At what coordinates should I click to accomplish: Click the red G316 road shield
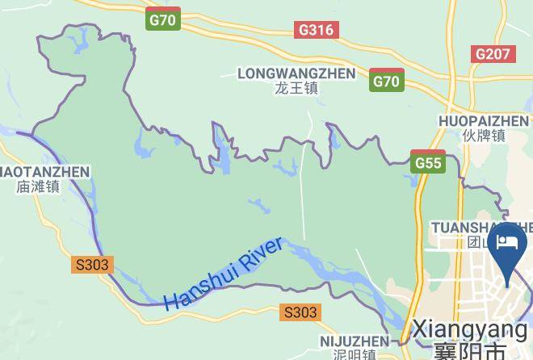click(x=316, y=30)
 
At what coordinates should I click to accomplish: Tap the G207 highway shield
click(x=493, y=54)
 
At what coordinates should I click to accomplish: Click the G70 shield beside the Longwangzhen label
click(x=387, y=80)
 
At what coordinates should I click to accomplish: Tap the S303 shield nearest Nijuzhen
click(x=300, y=312)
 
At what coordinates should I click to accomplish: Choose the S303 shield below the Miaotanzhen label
click(x=92, y=265)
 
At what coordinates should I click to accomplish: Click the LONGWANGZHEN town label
click(x=296, y=73)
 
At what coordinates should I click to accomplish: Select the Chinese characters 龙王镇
click(x=296, y=88)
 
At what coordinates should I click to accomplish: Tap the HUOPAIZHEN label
click(x=484, y=121)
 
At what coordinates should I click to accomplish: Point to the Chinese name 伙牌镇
click(x=484, y=136)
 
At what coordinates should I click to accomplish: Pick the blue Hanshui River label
click(x=224, y=274)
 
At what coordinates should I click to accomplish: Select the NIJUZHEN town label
click(x=354, y=341)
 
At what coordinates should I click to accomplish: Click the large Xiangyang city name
click(x=469, y=330)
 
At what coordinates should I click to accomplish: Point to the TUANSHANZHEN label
click(x=482, y=227)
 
